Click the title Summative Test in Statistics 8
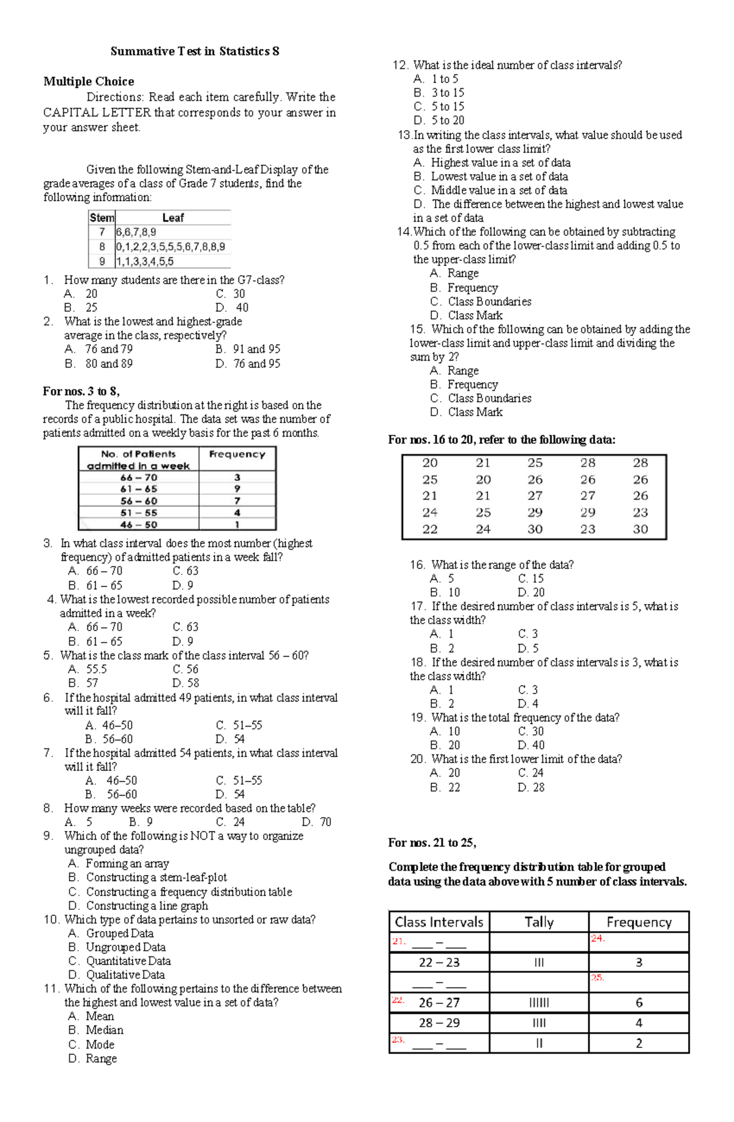195,51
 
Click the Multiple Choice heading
89,81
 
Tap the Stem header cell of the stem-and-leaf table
102,218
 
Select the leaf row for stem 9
145,261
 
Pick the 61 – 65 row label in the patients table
139,489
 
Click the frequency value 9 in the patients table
237,489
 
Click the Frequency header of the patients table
237,454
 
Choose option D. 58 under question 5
186,683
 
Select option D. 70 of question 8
317,822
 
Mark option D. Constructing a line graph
139,906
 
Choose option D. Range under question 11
93,1058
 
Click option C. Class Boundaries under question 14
481,301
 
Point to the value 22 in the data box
430,530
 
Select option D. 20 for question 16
531,592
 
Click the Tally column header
539,922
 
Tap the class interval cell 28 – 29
439,1023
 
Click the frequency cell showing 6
639,1003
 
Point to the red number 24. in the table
598,939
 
